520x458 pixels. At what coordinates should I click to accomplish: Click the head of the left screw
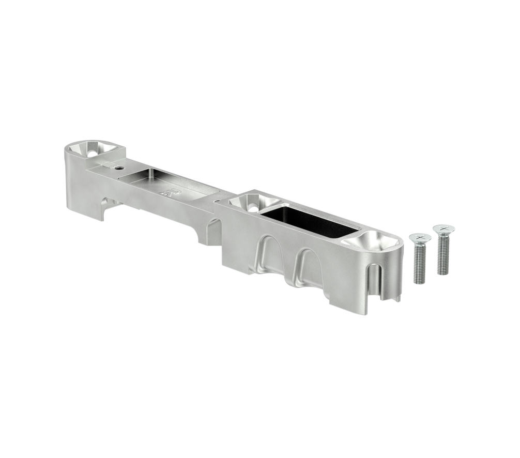pos(419,238)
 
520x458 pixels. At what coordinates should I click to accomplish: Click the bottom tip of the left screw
pos(419,282)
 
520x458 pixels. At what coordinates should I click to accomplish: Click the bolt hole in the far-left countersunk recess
pos(93,153)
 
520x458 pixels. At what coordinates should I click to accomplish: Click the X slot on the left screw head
pos(419,237)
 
